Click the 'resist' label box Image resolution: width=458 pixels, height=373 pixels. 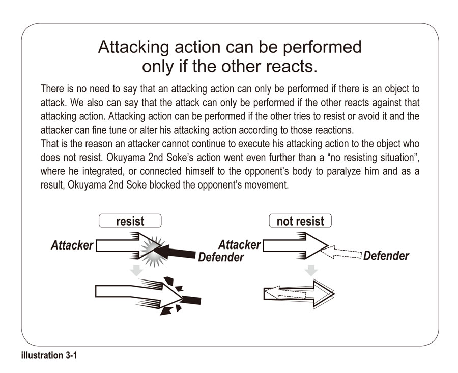(130, 221)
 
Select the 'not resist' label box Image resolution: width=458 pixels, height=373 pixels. (300, 221)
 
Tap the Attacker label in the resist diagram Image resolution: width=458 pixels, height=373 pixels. (72, 245)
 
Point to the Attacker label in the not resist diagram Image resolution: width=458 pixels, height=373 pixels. (239, 245)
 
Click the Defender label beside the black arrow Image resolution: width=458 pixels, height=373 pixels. (221, 257)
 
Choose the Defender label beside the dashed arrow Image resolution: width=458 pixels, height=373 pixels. (386, 256)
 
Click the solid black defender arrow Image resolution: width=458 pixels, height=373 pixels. (178, 251)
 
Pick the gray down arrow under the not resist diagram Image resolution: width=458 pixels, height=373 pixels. (312, 270)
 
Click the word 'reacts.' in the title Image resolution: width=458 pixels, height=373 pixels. (295, 66)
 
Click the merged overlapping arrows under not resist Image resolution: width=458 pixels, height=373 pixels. (299, 293)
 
